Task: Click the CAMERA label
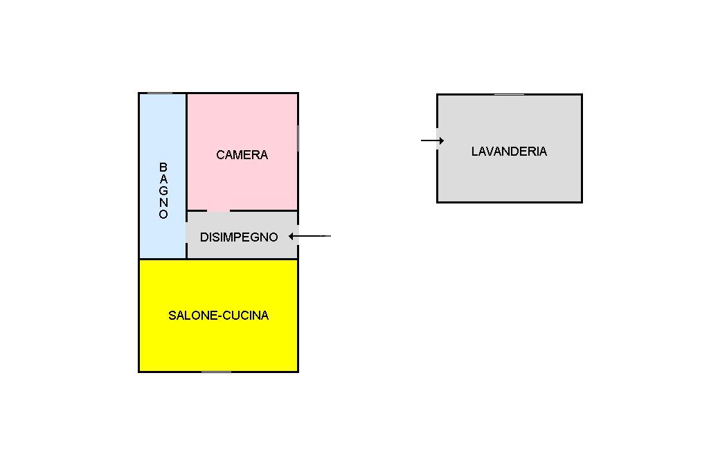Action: coord(242,154)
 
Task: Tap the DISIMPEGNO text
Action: coord(239,237)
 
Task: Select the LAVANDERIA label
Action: coord(509,151)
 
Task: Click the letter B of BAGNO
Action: coord(163,167)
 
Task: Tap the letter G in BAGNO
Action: coord(163,191)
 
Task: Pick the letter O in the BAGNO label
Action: coord(163,215)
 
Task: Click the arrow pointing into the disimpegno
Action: coord(309,236)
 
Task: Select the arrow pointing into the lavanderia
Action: coord(432,140)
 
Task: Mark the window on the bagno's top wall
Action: coord(160,93)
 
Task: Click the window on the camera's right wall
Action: coord(298,138)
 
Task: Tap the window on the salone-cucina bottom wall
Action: coord(216,372)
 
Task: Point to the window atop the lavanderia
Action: coord(509,95)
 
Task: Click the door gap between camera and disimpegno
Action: coord(218,210)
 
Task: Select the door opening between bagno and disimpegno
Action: coord(186,233)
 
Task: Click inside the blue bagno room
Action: coord(162,136)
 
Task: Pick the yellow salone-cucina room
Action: coord(218,343)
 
